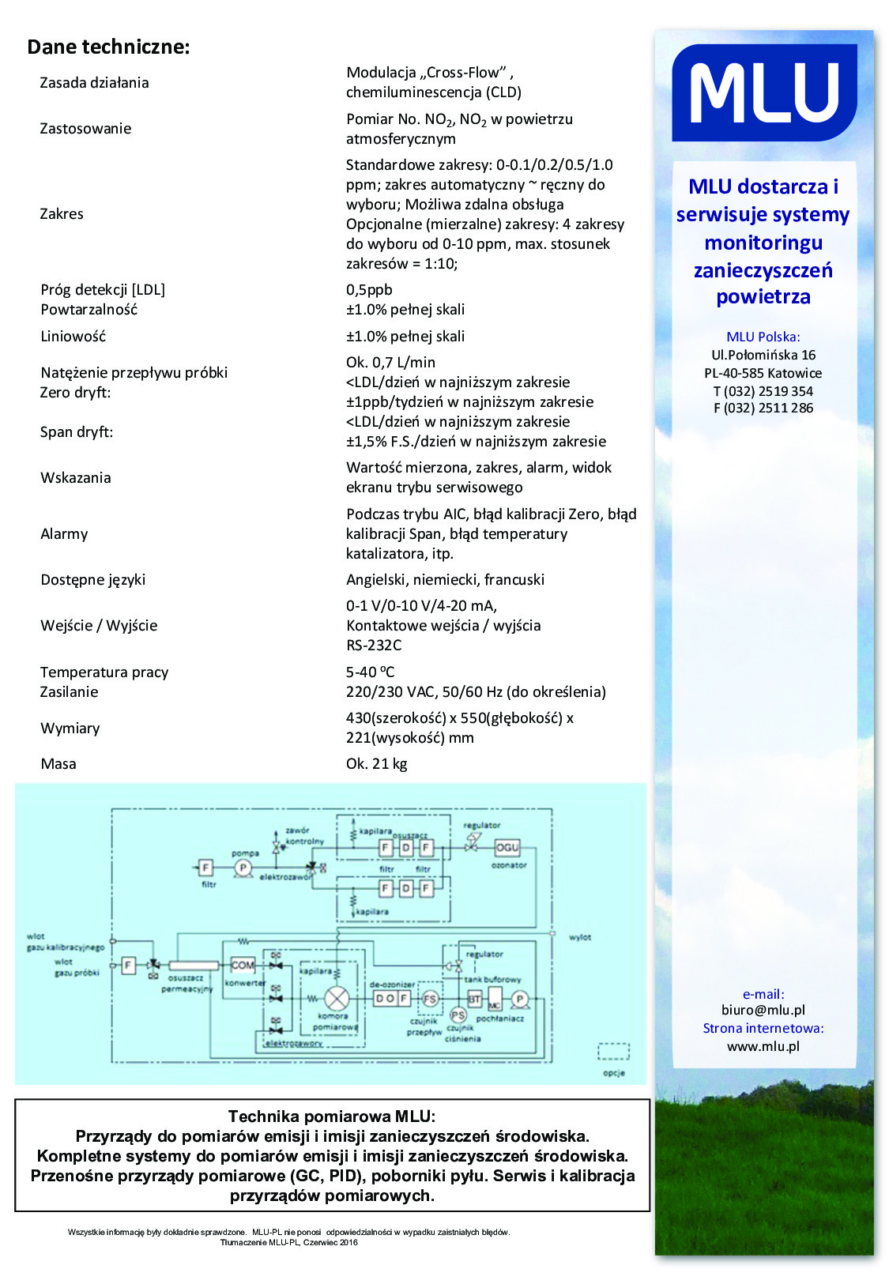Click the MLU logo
763,92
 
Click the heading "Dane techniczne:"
108,47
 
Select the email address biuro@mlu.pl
763,1010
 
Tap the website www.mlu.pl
763,1046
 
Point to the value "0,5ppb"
369,290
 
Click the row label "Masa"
58,764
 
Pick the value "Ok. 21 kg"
376,764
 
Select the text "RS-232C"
374,646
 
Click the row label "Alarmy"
64,534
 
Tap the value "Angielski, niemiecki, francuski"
445,580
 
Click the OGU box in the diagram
507,847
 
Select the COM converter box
242,965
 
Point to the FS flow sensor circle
429,999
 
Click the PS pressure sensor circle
458,1015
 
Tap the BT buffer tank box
474,999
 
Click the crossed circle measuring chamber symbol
337,999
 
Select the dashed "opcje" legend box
613,1052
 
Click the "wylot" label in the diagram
580,937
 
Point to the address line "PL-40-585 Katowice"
763,373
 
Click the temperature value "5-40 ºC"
370,672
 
